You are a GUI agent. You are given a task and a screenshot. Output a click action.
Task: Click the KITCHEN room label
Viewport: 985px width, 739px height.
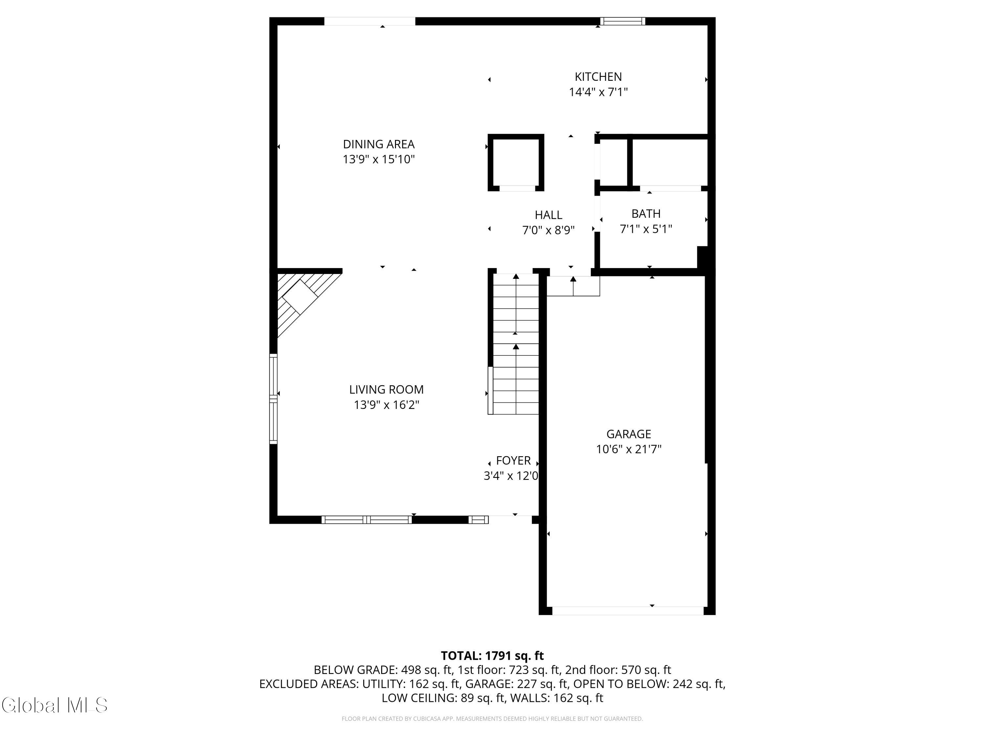(598, 77)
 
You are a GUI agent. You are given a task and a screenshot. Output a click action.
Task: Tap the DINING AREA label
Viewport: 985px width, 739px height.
(379, 144)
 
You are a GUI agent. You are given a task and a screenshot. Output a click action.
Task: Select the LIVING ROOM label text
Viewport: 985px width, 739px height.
(386, 390)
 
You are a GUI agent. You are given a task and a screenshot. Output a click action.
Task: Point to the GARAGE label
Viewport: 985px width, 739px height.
(629, 434)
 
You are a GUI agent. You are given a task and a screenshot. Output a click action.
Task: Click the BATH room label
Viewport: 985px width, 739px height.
(646, 214)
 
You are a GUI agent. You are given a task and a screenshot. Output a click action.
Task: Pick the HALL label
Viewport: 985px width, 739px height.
(549, 215)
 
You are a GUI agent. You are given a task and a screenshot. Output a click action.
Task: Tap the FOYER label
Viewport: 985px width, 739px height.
(514, 460)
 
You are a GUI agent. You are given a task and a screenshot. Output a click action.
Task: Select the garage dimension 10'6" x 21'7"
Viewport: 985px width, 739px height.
(629, 449)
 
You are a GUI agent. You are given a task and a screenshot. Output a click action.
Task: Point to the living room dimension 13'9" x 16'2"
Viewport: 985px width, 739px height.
(386, 405)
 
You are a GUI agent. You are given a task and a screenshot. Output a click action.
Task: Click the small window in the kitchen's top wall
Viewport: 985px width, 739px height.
(623, 21)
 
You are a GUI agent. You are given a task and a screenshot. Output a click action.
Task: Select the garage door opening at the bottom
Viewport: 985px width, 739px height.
(628, 611)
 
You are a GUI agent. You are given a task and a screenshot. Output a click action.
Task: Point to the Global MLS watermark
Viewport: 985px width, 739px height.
(54, 705)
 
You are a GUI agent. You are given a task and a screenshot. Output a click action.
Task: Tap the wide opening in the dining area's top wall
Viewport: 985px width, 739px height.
(370, 21)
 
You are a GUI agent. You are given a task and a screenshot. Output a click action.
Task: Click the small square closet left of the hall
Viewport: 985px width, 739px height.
(516, 163)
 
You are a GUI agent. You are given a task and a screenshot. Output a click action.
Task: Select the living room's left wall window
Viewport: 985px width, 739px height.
(274, 399)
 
